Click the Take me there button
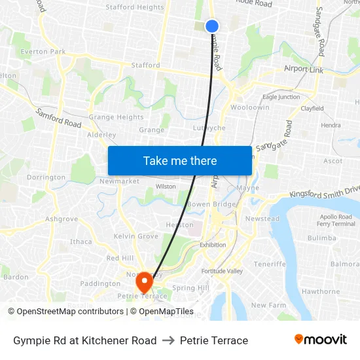[180, 160]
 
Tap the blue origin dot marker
[212, 26]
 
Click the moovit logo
[320, 340]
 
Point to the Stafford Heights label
[134, 8]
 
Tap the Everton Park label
[43, 52]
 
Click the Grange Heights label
[116, 118]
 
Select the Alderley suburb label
[101, 135]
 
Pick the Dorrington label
[46, 177]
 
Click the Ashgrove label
[62, 219]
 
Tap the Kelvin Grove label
[136, 236]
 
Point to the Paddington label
[99, 284]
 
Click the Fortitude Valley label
[222, 271]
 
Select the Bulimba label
[321, 238]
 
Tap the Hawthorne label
[321, 292]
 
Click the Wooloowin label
[250, 107]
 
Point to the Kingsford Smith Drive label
[324, 194]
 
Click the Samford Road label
[58, 118]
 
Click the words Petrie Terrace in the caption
[214, 340]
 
